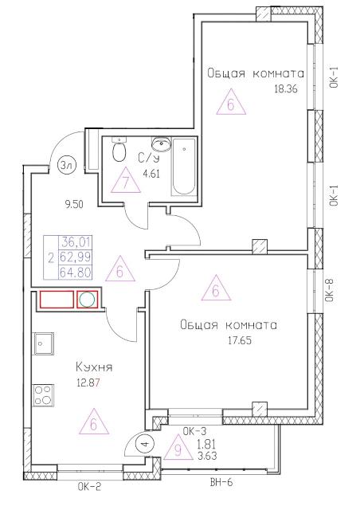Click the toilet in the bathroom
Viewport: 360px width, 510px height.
pyautogui.click(x=119, y=150)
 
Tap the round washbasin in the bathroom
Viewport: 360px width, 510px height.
pyautogui.click(x=161, y=144)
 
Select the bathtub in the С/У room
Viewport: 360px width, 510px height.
pyautogui.click(x=184, y=167)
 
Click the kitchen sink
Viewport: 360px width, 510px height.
pyautogui.click(x=44, y=343)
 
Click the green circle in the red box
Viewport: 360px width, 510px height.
pyautogui.click(x=88, y=299)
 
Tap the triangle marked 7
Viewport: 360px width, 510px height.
pyautogui.click(x=126, y=182)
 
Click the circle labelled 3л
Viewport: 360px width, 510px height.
pyautogui.click(x=65, y=166)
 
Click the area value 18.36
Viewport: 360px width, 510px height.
pyautogui.click(x=286, y=89)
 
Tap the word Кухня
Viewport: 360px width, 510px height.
pyautogui.click(x=94, y=367)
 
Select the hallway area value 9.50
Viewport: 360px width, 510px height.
pyautogui.click(x=75, y=205)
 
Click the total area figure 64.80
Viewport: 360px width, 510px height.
pyautogui.click(x=75, y=272)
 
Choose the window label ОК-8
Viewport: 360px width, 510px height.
pyautogui.click(x=330, y=290)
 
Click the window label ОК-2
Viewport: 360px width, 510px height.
pyautogui.click(x=90, y=487)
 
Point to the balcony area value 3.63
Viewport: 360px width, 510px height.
pyautogui.click(x=206, y=456)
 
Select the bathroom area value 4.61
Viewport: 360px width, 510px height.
pyautogui.click(x=151, y=174)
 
